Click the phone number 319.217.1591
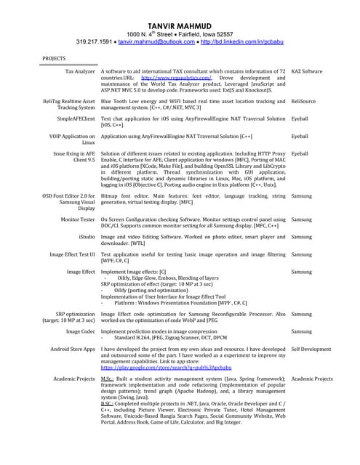94,41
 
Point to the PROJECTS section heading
54,57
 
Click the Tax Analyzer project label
80,72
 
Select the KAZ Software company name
306,72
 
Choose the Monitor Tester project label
78,219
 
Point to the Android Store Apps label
72,349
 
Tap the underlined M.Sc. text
107,379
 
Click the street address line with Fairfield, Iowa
180,33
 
